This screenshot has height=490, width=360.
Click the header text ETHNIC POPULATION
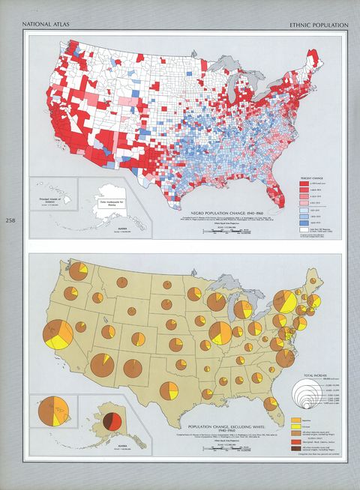(318, 25)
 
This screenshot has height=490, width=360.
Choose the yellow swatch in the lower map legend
(295, 420)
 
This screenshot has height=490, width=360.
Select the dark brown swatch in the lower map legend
(295, 455)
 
